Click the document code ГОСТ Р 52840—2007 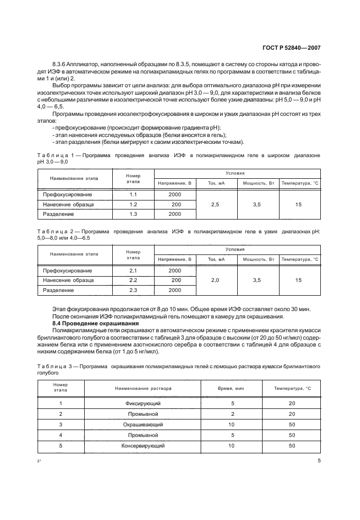coord(293,47)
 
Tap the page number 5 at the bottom coord(319,460)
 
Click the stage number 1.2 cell coord(133,204)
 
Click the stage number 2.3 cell coord(133,290)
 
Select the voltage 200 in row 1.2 coord(175,204)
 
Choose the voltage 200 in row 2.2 coord(175,280)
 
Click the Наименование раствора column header coord(142,388)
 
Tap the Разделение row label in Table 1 coord(59,214)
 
